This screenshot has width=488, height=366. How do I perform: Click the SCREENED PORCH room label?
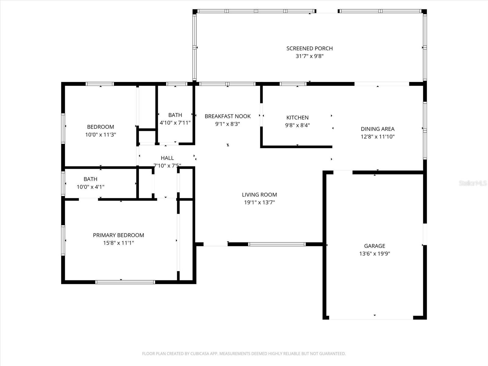[309, 48]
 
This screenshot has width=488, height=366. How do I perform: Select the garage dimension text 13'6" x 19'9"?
[375, 253]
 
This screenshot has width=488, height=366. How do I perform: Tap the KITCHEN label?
[297, 117]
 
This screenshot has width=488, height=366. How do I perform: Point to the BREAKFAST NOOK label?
[228, 116]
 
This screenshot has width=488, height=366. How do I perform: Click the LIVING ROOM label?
[259, 195]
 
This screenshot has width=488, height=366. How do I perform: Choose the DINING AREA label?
[378, 129]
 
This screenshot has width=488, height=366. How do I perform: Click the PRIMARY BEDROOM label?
[118, 235]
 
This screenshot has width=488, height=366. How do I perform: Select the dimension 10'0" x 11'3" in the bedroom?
[100, 135]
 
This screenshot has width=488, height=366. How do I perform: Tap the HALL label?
[167, 158]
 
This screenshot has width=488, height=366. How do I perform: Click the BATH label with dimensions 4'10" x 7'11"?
[175, 115]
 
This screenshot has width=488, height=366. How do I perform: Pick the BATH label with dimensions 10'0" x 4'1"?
[91, 179]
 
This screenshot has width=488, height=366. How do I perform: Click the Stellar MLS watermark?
[472, 183]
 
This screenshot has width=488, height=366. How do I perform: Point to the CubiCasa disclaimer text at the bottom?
[244, 354]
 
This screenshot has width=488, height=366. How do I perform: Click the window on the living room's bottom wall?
[277, 244]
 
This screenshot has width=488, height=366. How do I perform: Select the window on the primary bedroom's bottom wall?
[125, 282]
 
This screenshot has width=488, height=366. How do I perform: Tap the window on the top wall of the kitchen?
[293, 84]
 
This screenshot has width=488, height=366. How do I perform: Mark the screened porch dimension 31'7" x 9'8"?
[309, 56]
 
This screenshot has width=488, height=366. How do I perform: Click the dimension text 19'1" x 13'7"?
[259, 202]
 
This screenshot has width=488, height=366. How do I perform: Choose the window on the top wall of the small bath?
[176, 84]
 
